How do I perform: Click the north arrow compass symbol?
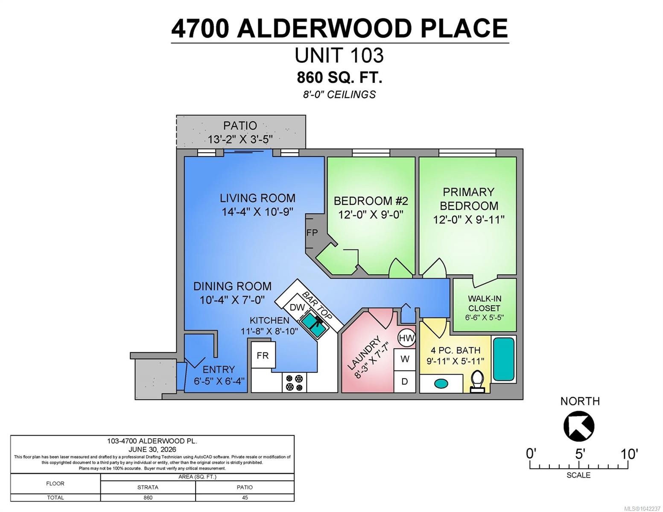pyautogui.click(x=578, y=426)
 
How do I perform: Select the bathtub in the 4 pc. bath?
pyautogui.click(x=504, y=359)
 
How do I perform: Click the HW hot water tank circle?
pyautogui.click(x=407, y=338)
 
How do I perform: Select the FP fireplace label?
pyautogui.click(x=312, y=233)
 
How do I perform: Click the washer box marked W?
pyautogui.click(x=405, y=359)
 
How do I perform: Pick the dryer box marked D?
pyautogui.click(x=405, y=381)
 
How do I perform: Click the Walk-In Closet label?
pyautogui.click(x=485, y=303)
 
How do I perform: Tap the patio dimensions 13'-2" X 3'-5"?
pyautogui.click(x=240, y=140)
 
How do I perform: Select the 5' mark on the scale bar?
pyautogui.click(x=579, y=454)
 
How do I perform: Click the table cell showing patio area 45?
pyautogui.click(x=245, y=497)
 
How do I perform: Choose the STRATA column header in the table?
pyautogui.click(x=148, y=487)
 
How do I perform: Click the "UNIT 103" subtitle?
pyautogui.click(x=339, y=55)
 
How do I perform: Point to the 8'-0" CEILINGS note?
pyautogui.click(x=339, y=95)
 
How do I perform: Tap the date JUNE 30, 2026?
pyautogui.click(x=152, y=449)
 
